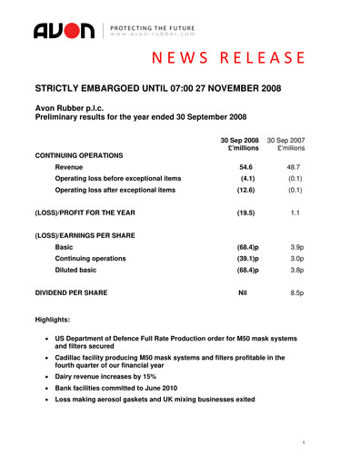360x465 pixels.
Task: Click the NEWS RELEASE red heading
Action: coord(227,60)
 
